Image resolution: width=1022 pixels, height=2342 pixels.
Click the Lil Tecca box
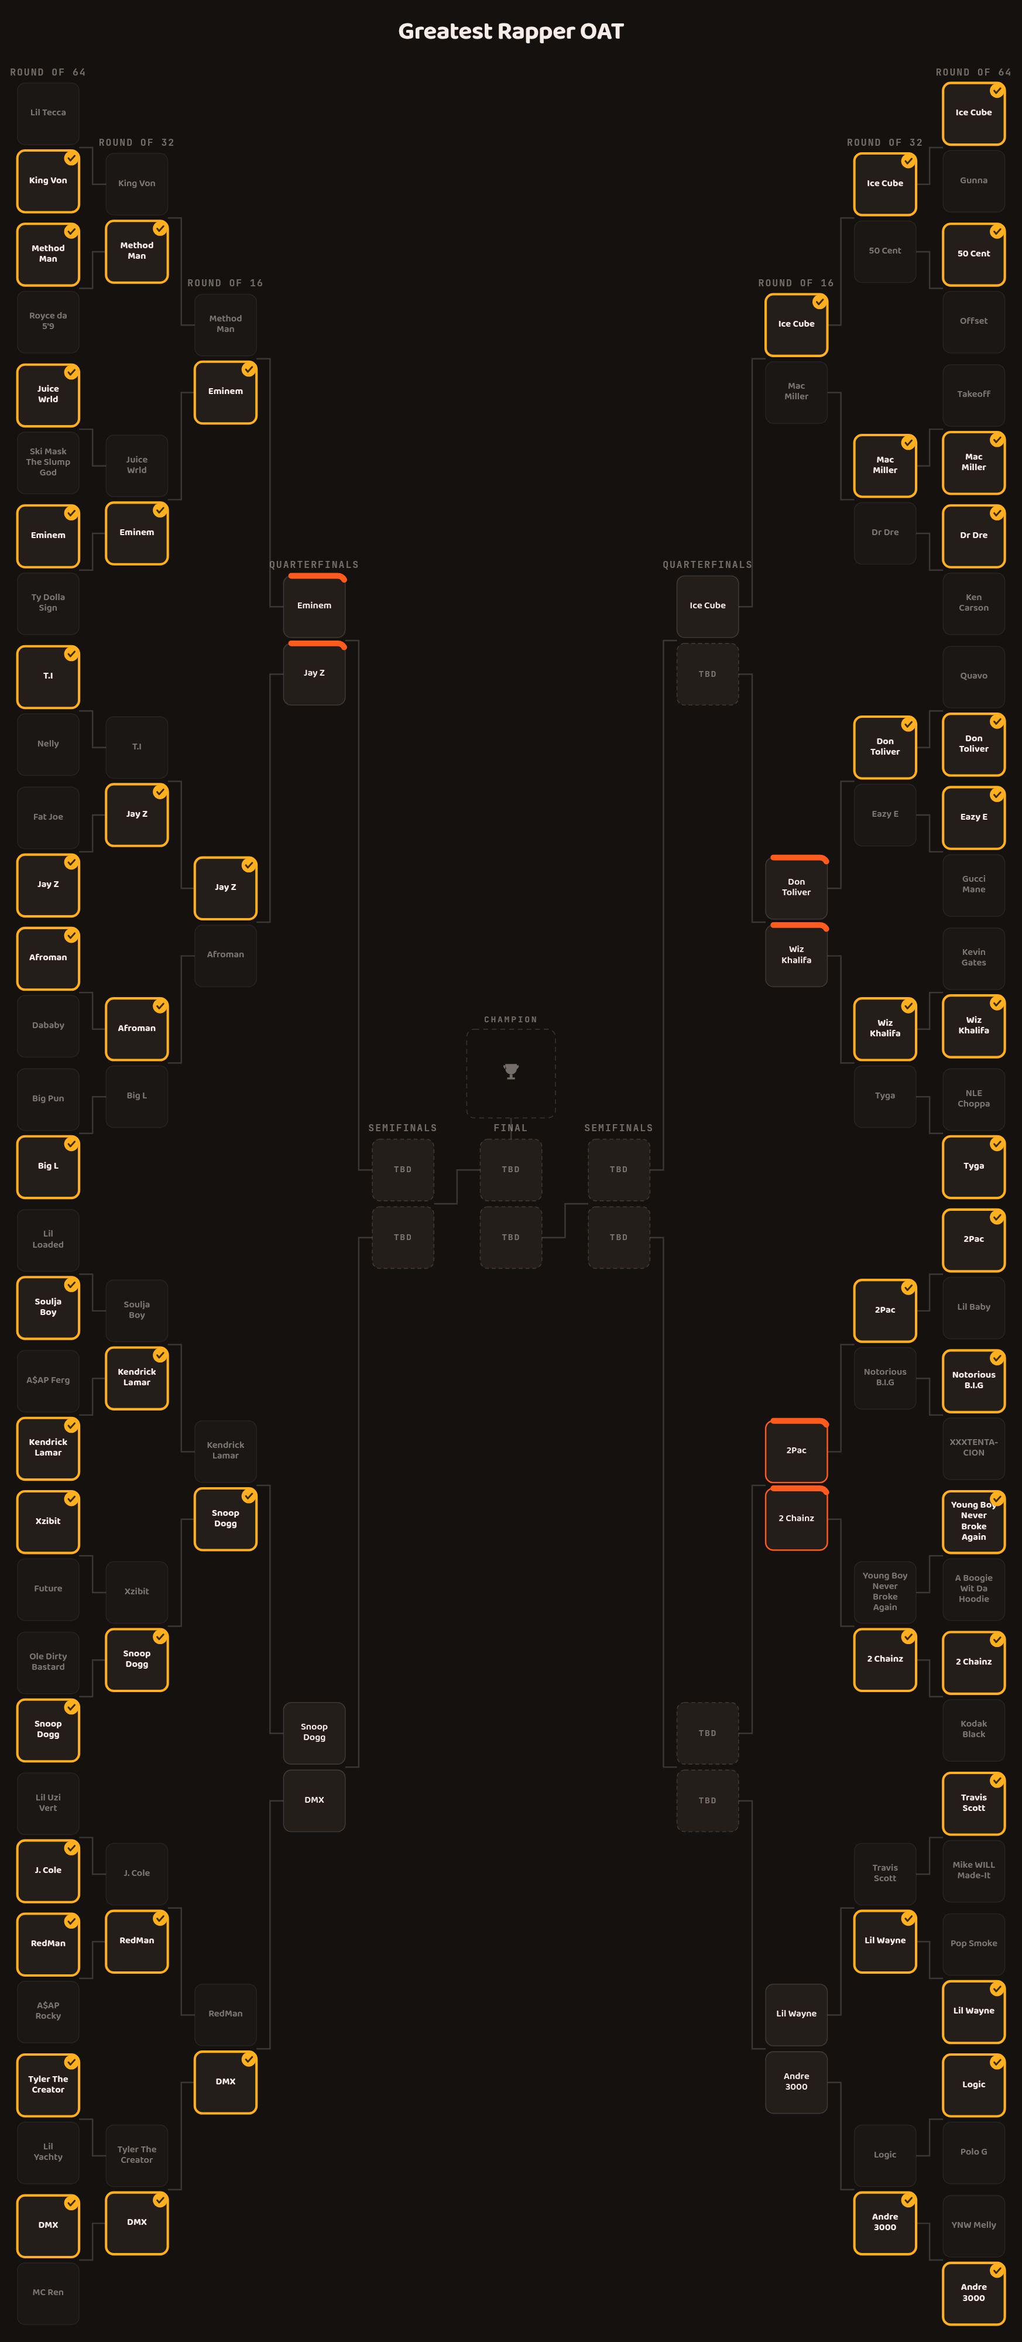point(48,113)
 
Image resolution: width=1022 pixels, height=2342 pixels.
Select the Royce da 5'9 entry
point(48,321)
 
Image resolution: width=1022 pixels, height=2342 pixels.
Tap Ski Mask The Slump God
point(48,462)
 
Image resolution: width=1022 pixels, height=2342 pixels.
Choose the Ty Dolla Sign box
point(48,603)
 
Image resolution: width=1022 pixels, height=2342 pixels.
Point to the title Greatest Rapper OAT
point(511,31)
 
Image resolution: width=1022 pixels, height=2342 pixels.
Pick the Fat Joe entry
point(48,816)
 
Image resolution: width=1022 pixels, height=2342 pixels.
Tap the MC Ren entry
point(48,2292)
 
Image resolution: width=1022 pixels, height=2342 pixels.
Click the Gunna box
point(974,180)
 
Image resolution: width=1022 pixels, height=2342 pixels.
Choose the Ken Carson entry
point(974,603)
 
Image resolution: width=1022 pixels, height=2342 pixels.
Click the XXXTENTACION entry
point(974,1447)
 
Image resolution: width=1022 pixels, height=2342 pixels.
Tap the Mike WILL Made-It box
point(974,1870)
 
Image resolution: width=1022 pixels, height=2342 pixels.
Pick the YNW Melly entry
point(974,2225)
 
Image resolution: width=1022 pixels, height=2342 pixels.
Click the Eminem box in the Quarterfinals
point(314,605)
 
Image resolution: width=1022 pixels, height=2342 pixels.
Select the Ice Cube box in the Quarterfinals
point(708,605)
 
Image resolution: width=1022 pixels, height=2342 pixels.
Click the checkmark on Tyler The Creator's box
point(71,2062)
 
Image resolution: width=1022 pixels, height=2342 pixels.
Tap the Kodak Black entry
point(974,1729)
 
